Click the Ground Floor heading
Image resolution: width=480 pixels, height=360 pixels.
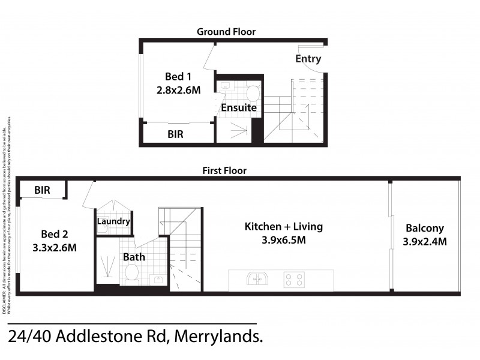click(x=226, y=31)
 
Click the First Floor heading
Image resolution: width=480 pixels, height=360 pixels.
click(x=224, y=170)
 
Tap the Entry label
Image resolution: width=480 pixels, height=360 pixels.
click(x=308, y=59)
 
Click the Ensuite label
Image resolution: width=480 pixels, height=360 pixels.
click(x=239, y=108)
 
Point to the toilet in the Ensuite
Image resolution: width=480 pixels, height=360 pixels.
click(x=253, y=93)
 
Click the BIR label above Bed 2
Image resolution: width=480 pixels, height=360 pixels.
click(x=42, y=190)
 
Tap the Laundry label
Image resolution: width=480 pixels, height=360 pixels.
click(x=113, y=221)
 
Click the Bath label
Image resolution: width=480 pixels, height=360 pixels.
click(x=134, y=257)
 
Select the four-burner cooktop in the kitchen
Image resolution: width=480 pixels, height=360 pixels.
click(x=294, y=280)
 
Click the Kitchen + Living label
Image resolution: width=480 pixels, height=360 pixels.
click(x=283, y=227)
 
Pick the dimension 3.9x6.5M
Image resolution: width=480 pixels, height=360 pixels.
click(x=283, y=241)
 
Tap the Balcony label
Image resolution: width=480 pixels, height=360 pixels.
click(x=424, y=228)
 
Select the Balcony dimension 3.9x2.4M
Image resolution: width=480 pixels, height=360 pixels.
click(x=424, y=242)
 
